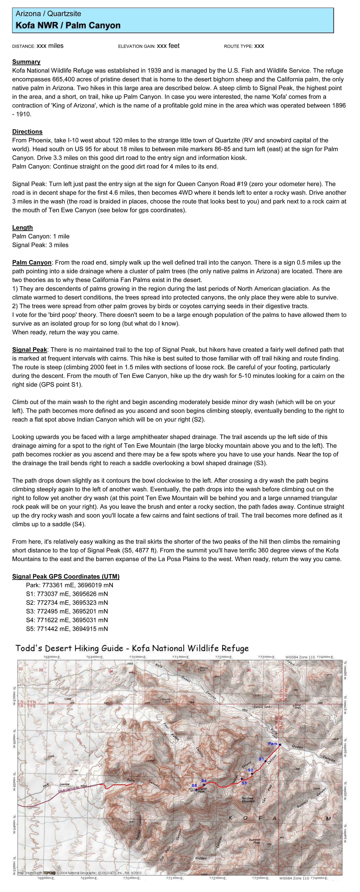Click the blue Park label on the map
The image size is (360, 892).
272,744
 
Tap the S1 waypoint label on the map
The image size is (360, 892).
261,759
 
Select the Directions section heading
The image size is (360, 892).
27,132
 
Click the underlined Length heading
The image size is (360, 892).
23,227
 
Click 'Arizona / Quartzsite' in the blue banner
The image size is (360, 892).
48,14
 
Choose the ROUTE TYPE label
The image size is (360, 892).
238,46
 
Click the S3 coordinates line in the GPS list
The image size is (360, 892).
67,611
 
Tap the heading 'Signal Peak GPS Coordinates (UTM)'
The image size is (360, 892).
66,576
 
